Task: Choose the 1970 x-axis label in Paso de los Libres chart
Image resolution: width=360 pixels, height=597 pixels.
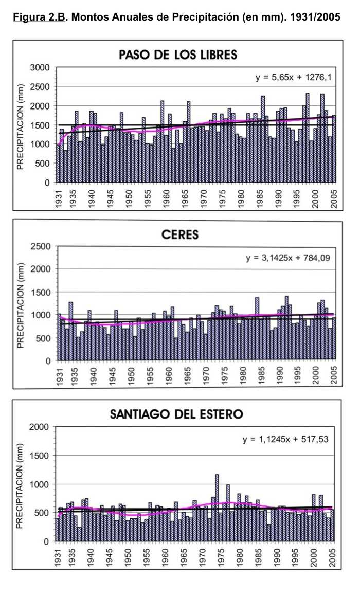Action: pyautogui.click(x=205, y=196)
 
